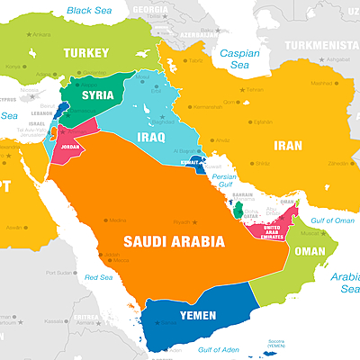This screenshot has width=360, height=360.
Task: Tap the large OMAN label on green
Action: coord(310,251)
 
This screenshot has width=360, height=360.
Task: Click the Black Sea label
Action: coord(90,11)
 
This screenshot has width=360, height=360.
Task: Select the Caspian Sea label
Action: coord(238,59)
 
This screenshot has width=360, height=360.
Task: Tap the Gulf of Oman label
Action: coord(333,220)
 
